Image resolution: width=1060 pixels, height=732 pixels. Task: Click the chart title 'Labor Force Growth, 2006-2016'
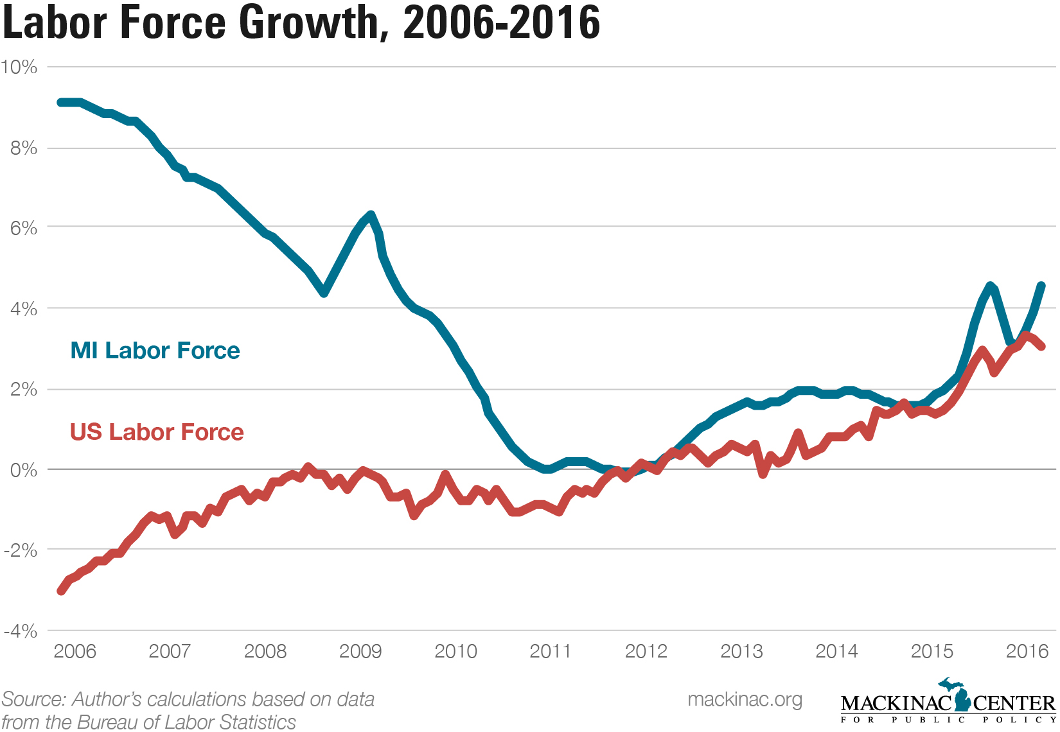301,22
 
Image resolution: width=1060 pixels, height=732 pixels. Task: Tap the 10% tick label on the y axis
19,67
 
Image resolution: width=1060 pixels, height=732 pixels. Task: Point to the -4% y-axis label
19,631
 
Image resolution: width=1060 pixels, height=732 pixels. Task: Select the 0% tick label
24,470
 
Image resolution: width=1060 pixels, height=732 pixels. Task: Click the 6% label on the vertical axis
24,228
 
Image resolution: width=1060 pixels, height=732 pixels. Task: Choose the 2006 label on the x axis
75,651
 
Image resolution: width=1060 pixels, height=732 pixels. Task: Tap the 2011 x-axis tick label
551,651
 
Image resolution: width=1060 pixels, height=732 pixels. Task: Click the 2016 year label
1027,651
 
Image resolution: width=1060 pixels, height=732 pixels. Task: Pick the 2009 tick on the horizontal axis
360,651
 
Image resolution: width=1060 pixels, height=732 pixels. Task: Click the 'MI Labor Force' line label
155,351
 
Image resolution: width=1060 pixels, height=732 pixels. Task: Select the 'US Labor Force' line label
157,432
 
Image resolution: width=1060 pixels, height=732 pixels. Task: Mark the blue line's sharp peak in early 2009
371,215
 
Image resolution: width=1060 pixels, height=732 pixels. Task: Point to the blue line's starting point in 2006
60,103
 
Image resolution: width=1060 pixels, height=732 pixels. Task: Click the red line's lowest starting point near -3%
61,591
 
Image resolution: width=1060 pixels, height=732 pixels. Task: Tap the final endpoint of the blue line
1041,286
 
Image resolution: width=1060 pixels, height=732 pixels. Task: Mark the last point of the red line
1041,346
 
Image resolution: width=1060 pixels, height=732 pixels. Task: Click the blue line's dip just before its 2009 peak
324,293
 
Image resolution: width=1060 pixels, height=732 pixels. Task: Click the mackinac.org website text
745,699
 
